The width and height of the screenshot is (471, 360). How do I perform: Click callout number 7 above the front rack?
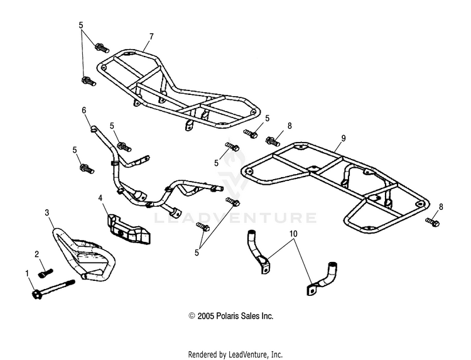pos(151,36)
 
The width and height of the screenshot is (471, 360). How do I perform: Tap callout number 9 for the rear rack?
pos(344,138)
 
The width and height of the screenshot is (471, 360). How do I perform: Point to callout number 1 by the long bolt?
pos(27,273)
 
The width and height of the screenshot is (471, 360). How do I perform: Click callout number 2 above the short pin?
pos(36,254)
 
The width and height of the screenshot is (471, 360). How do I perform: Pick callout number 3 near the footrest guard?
pos(47,213)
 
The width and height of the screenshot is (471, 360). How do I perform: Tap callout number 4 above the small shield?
pos(100,198)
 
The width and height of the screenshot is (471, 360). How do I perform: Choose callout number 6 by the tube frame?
pos(84,111)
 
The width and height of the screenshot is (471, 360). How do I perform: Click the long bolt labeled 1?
pos(53,288)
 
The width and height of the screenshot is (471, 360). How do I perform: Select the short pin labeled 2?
pos(46,273)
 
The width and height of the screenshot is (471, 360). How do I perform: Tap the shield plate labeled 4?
pos(129,229)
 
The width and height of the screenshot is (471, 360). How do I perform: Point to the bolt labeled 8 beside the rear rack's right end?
pos(432,222)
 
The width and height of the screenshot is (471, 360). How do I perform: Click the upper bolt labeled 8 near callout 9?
pos(274,141)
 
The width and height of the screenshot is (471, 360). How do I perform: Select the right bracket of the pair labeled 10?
pos(322,278)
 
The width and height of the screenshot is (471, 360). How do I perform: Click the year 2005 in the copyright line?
pos(206,316)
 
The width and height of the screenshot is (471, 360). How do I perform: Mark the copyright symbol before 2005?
pos(192,316)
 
